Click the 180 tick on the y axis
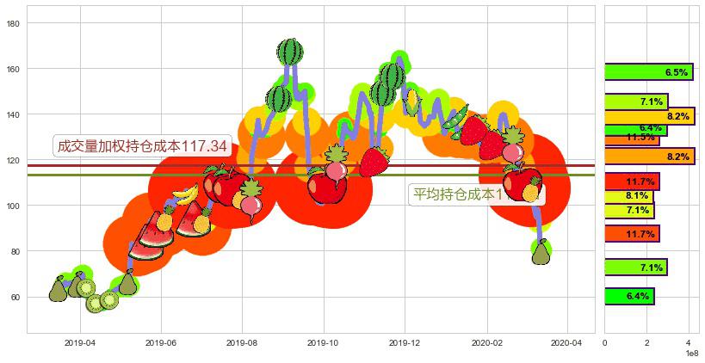point(14,23)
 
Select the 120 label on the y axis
point(14,160)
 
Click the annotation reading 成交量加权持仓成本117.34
point(142,147)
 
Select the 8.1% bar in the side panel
point(629,196)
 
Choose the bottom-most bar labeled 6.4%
point(629,296)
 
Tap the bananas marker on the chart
point(185,194)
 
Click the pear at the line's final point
point(541,253)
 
